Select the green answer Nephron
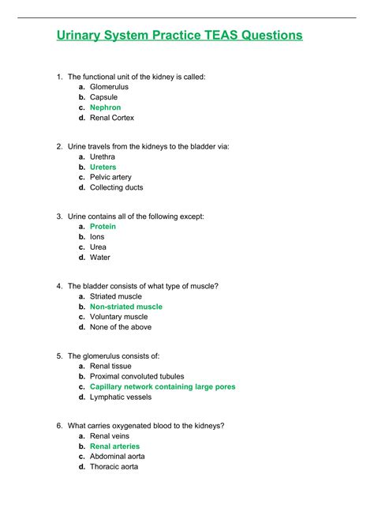105,107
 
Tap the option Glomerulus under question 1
109,87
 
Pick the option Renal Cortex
112,118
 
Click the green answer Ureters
103,168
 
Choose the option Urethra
103,157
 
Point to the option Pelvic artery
110,178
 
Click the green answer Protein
103,227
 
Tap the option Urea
99,247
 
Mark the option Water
100,258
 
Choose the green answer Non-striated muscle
126,307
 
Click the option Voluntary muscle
118,317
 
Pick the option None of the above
121,327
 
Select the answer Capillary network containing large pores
163,387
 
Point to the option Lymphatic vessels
120,397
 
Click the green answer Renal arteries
115,446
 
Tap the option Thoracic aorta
114,467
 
